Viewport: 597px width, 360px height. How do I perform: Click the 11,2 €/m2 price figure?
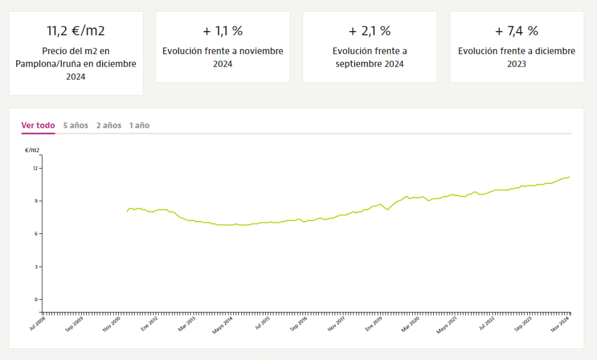76,31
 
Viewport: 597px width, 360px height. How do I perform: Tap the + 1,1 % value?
223,31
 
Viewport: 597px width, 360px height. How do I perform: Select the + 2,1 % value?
370,31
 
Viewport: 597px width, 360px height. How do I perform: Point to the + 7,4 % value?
517,31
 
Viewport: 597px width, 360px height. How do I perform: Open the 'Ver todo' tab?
38,125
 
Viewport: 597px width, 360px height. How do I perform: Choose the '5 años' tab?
76,125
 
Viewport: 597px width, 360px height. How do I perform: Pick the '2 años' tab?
109,125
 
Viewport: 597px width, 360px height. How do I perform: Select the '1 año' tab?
139,125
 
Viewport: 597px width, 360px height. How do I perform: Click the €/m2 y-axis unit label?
33,150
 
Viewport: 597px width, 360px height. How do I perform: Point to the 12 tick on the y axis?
35,169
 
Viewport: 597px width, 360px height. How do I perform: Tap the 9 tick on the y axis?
36,201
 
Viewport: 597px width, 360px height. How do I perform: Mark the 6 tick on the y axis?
36,234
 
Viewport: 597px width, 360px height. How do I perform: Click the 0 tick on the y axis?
36,300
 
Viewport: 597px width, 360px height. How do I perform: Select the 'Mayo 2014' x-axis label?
223,324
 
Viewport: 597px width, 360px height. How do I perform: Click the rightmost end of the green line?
569,177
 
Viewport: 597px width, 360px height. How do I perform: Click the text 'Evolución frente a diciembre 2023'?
517,57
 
